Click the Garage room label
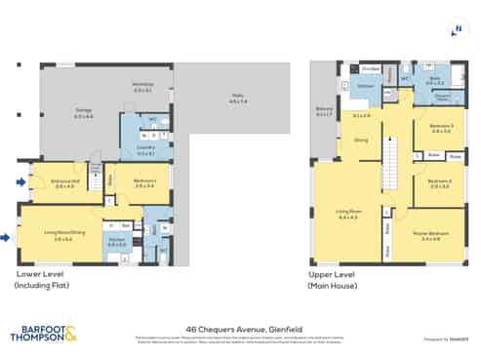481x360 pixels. [x=84, y=111]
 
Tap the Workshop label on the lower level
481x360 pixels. [x=142, y=87]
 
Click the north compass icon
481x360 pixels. [x=457, y=29]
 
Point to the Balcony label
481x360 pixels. [x=323, y=112]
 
